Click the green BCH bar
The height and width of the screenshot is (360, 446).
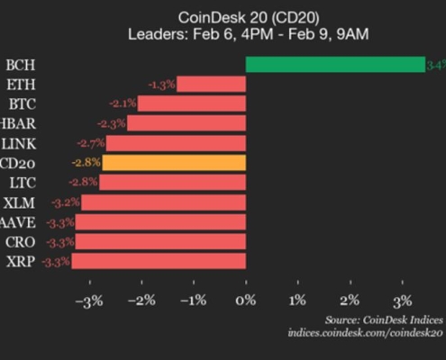[334, 65]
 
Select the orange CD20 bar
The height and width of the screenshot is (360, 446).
[174, 163]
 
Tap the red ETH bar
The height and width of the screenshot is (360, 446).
[211, 85]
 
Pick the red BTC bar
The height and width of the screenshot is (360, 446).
[191, 104]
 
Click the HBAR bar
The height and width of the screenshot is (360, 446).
[186, 123]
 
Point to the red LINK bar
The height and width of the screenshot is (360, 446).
[176, 143]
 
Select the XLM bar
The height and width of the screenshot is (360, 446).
[163, 202]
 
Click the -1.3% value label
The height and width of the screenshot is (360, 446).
[162, 85]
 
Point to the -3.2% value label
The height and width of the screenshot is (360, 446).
[66, 202]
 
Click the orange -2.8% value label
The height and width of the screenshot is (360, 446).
[86, 163]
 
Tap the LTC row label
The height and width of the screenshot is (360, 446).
[19, 183]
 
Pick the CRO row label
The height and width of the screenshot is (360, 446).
[19, 242]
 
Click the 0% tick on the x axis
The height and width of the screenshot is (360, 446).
[246, 300]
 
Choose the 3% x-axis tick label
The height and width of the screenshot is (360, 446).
[402, 300]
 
